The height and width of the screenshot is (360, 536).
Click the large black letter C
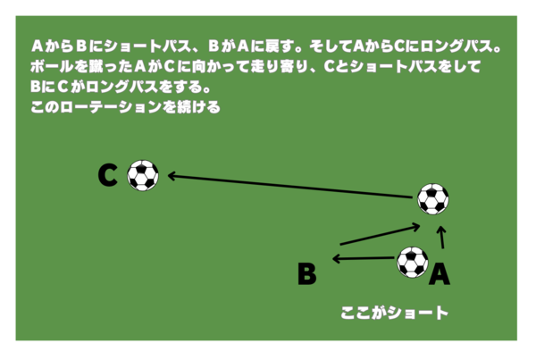(x=108, y=175)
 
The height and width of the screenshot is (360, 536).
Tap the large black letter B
(x=307, y=273)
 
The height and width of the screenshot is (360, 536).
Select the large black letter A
(x=440, y=274)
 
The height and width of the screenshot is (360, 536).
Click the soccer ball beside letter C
(x=143, y=175)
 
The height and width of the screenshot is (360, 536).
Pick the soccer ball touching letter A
(x=413, y=263)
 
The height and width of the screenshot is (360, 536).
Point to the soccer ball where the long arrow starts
(x=433, y=199)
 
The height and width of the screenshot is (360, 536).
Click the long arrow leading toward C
(x=289, y=187)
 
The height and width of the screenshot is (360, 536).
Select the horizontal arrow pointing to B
(x=364, y=258)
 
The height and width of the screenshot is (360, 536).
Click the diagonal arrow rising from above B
(x=381, y=234)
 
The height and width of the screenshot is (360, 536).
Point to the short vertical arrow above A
(x=442, y=237)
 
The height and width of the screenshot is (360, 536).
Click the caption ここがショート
(x=394, y=314)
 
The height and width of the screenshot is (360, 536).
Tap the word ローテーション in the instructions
(x=111, y=107)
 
